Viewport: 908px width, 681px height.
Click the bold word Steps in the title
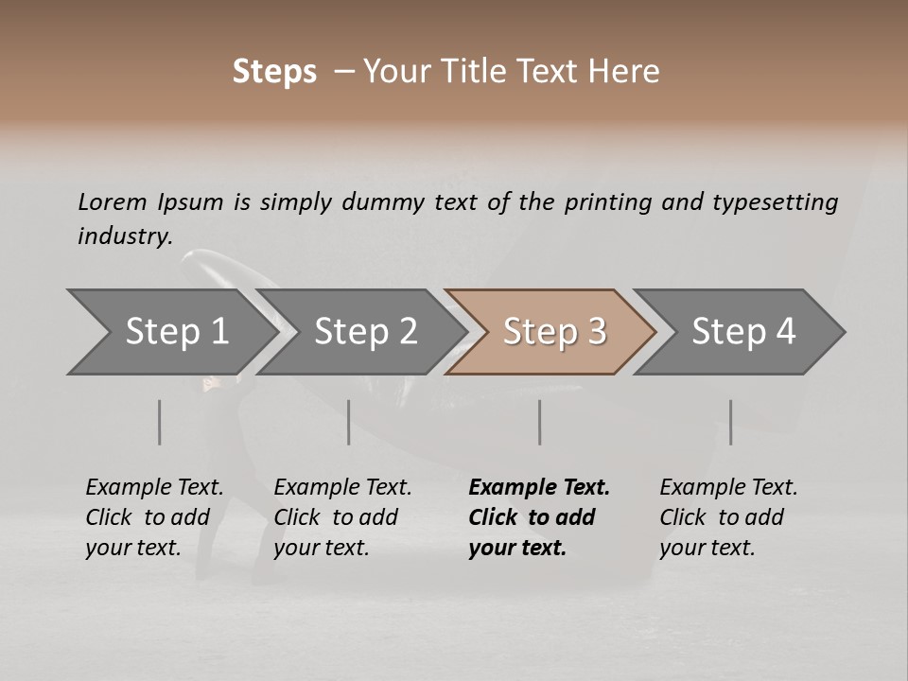pyautogui.click(x=274, y=72)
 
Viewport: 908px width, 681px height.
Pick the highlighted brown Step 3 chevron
pyautogui.click(x=554, y=332)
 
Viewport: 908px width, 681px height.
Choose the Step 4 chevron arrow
pyautogui.click(x=743, y=332)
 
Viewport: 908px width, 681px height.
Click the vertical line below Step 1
pyautogui.click(x=160, y=422)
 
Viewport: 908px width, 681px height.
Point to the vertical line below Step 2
pyautogui.click(x=349, y=422)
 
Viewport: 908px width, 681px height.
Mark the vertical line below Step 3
pyautogui.click(x=540, y=422)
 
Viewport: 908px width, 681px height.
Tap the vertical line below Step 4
pyautogui.click(x=731, y=422)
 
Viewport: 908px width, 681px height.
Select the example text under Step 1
pyautogui.click(x=154, y=517)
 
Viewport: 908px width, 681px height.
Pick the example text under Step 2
pyautogui.click(x=342, y=517)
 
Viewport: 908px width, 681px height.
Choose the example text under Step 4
pyautogui.click(x=728, y=517)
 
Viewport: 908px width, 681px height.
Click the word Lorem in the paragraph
pyautogui.click(x=113, y=201)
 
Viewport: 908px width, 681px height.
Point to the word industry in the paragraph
pyautogui.click(x=124, y=236)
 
